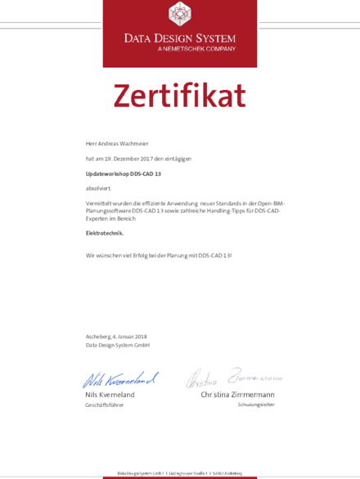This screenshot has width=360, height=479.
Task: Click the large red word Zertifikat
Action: pyautogui.click(x=179, y=96)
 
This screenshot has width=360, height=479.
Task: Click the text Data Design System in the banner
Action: pyautogui.click(x=179, y=38)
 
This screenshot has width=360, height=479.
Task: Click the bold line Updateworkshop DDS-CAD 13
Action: pyautogui.click(x=124, y=173)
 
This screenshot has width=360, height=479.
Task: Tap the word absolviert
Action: pyautogui.click(x=98, y=188)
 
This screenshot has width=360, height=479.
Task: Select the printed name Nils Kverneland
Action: pyautogui.click(x=111, y=395)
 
